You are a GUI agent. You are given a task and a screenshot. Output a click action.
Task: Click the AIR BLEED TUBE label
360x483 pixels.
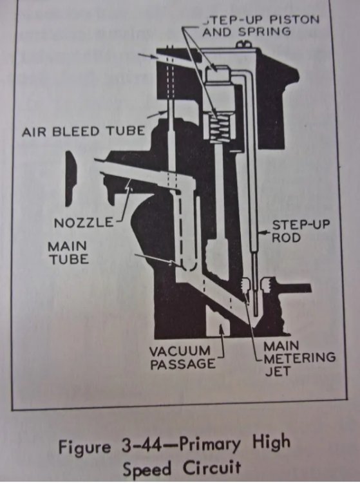(83, 131)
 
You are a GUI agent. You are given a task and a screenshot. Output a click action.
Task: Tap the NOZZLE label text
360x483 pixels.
(84, 222)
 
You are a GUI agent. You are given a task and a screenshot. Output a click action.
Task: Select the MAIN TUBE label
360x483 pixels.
(68, 253)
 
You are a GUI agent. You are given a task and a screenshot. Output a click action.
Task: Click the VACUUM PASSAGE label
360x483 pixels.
(182, 357)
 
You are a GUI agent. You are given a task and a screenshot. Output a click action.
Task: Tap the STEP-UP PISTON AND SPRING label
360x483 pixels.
(261, 26)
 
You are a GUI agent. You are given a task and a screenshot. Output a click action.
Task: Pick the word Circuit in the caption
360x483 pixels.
(212, 468)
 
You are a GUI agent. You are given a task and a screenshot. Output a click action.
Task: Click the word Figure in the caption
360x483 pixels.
(84, 448)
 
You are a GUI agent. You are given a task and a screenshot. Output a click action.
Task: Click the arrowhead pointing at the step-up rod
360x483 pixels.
(261, 233)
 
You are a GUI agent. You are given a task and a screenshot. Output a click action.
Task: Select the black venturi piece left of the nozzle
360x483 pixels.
(71, 178)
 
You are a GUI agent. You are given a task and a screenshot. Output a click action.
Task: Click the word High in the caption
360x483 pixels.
(271, 442)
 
